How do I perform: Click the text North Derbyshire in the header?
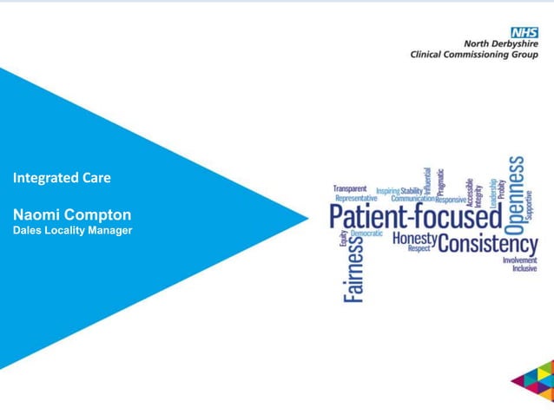coord(501,43)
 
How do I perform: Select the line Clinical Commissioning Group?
coord(474,55)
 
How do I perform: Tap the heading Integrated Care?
coord(62,178)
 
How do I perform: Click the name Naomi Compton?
coord(72,214)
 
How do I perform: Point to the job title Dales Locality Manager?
coord(72,230)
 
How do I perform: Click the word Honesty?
coord(414,237)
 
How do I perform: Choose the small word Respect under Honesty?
coord(419,247)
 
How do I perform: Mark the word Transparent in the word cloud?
coord(350,188)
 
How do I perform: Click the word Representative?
coord(357,198)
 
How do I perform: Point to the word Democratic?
coord(366,234)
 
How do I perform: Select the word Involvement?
coord(519,260)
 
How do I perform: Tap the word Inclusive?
coord(524,268)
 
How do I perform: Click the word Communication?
coord(412,199)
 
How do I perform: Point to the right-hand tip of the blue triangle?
coord(308,217)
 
